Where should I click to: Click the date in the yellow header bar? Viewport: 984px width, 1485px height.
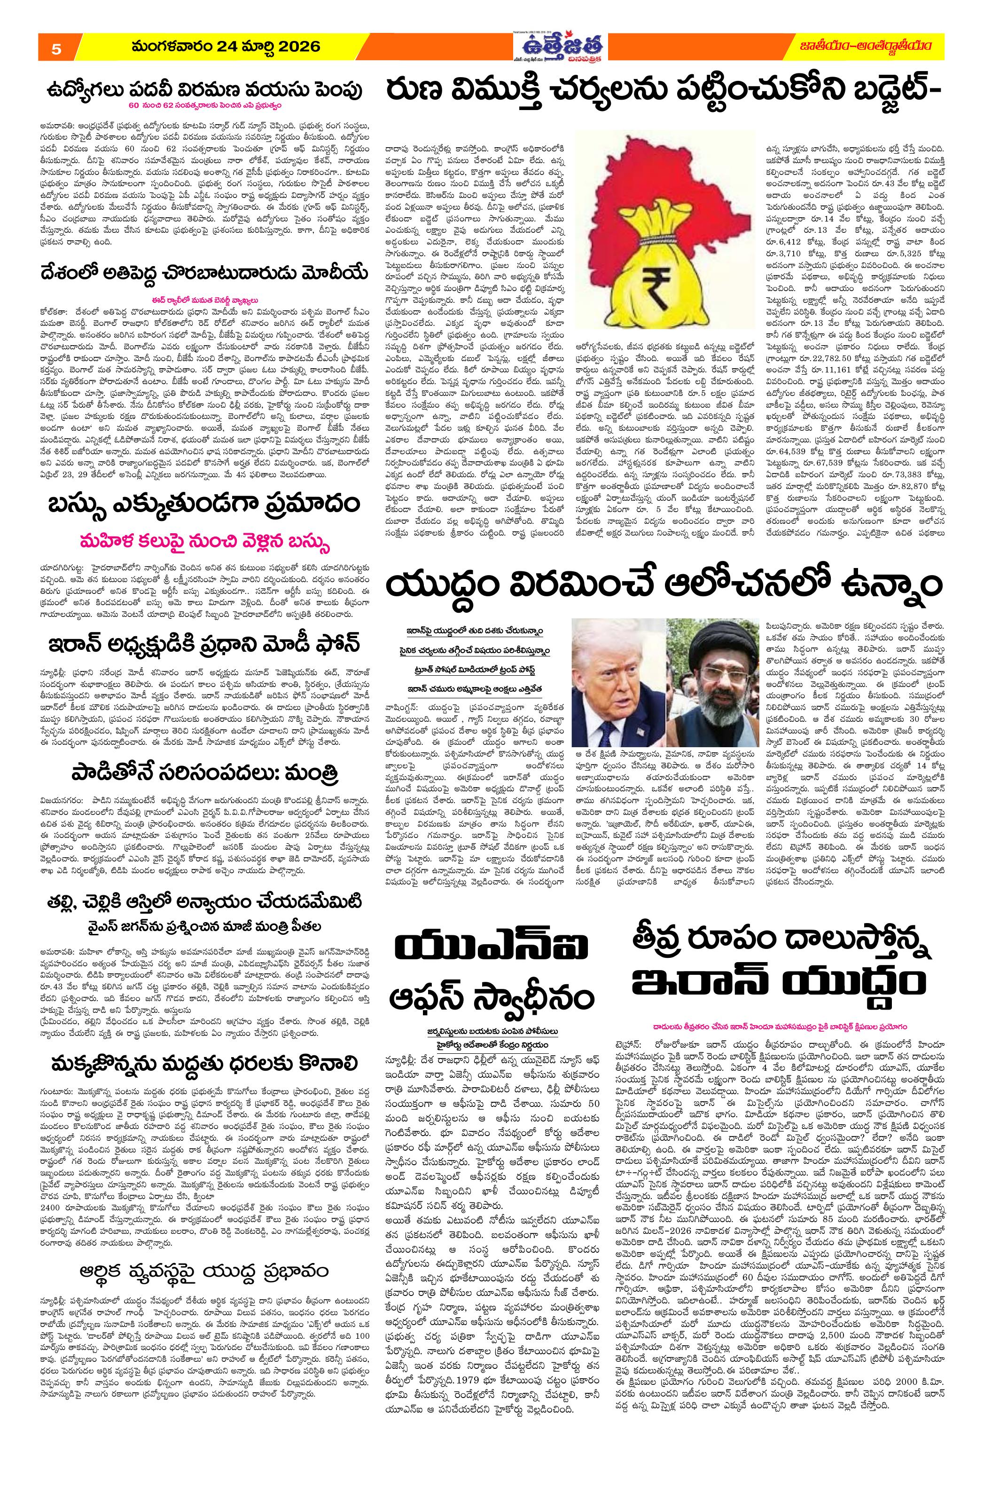[226, 47]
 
